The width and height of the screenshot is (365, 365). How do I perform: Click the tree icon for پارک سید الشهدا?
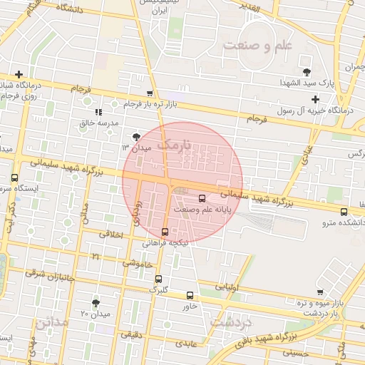coord(307,71)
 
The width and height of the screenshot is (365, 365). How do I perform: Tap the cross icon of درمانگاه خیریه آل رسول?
coord(316,98)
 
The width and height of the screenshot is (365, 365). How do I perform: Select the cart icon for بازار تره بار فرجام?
coord(149,93)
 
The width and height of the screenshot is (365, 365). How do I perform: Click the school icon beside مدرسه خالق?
coord(98,112)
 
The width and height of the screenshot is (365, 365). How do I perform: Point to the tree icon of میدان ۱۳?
coord(136,136)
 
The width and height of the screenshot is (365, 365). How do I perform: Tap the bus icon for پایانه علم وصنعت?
coord(200,198)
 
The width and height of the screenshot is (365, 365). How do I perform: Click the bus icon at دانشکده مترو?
coord(344,212)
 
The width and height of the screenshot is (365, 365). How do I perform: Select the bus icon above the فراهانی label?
coord(165,232)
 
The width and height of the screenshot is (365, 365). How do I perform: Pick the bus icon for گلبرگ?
coord(158,279)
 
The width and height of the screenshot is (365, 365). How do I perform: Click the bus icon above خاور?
coord(190,295)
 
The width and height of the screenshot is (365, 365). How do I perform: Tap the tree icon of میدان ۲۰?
coord(96,303)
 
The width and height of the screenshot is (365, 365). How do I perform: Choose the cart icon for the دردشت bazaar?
coord(321,292)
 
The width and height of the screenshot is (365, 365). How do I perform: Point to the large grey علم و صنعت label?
coord(257,46)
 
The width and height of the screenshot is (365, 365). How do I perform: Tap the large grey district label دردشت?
coord(232,322)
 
